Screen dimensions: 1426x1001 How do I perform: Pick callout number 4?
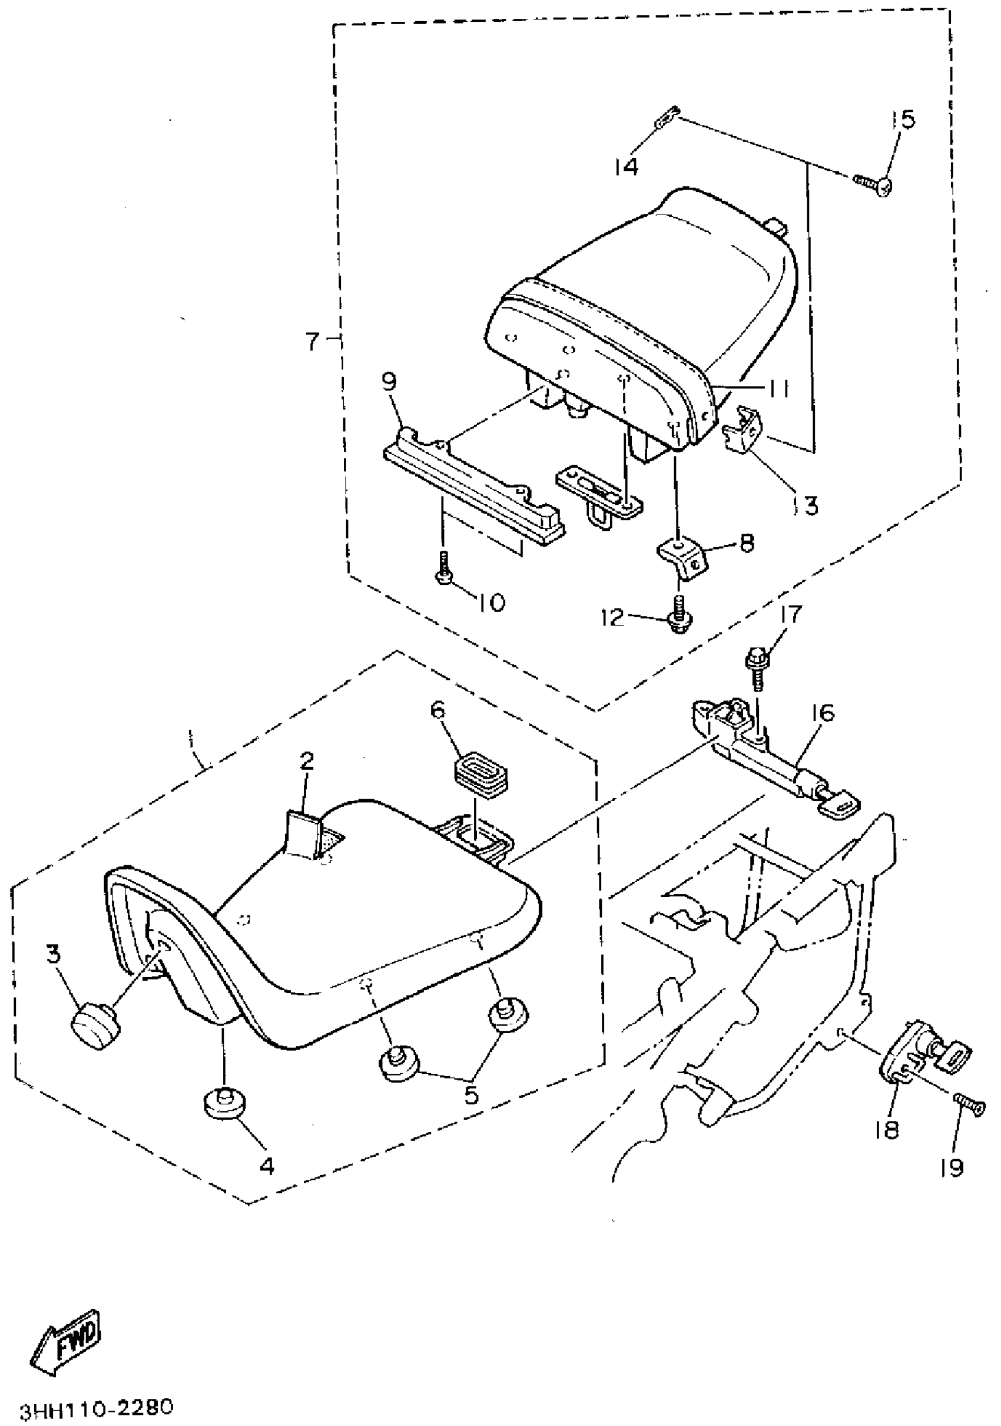[266, 1166]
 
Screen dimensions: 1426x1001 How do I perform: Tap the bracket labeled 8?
[683, 554]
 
